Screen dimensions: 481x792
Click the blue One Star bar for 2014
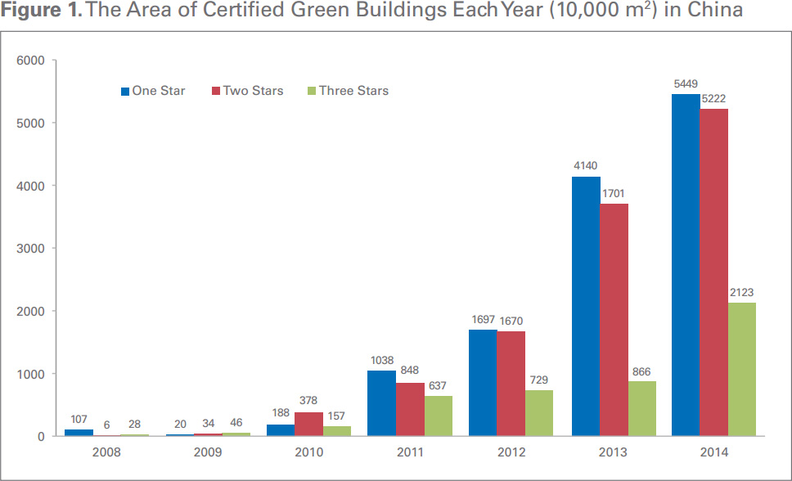click(686, 265)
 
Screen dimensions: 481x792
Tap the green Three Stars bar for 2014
click(741, 369)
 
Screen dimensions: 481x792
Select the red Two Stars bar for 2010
click(308, 424)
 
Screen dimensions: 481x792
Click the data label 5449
click(686, 84)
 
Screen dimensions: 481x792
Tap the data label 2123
click(742, 293)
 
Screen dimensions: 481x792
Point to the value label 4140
click(585, 166)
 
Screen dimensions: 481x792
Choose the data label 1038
click(381, 361)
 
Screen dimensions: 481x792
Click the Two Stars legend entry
click(248, 91)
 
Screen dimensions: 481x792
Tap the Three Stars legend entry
click(348, 91)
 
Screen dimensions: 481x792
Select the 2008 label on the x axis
click(107, 452)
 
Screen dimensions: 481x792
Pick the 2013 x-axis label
click(614, 452)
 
